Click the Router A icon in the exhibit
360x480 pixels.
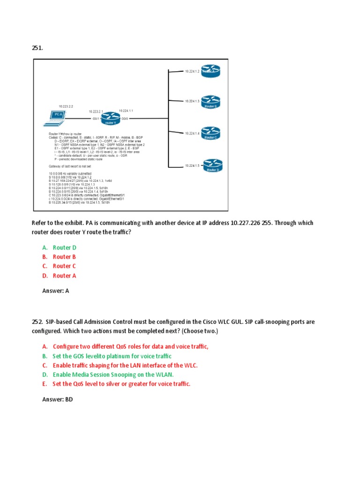pyautogui.click(x=210, y=71)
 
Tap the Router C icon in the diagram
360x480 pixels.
pyautogui.click(x=210, y=132)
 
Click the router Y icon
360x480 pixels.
pyautogui.click(x=110, y=119)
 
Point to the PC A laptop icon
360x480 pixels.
pyautogui.click(x=55, y=117)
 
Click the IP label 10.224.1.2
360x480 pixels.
pyautogui.click(x=192, y=71)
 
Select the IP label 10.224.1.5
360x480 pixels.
pyautogui.click(x=192, y=165)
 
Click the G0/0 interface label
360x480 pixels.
pyautogui.click(x=125, y=119)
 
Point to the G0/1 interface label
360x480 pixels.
pyautogui.click(x=95, y=119)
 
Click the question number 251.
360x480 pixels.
pyautogui.click(x=37, y=48)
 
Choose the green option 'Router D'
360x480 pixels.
pyautogui.click(x=64, y=247)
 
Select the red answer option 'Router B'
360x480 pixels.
pyautogui.click(x=64, y=257)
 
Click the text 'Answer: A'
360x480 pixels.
pyautogui.click(x=56, y=291)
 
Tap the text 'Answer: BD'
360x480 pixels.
pyautogui.click(x=58, y=399)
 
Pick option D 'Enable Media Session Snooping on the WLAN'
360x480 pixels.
pyautogui.click(x=113, y=375)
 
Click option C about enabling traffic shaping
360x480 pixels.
pyautogui.click(x=125, y=365)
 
